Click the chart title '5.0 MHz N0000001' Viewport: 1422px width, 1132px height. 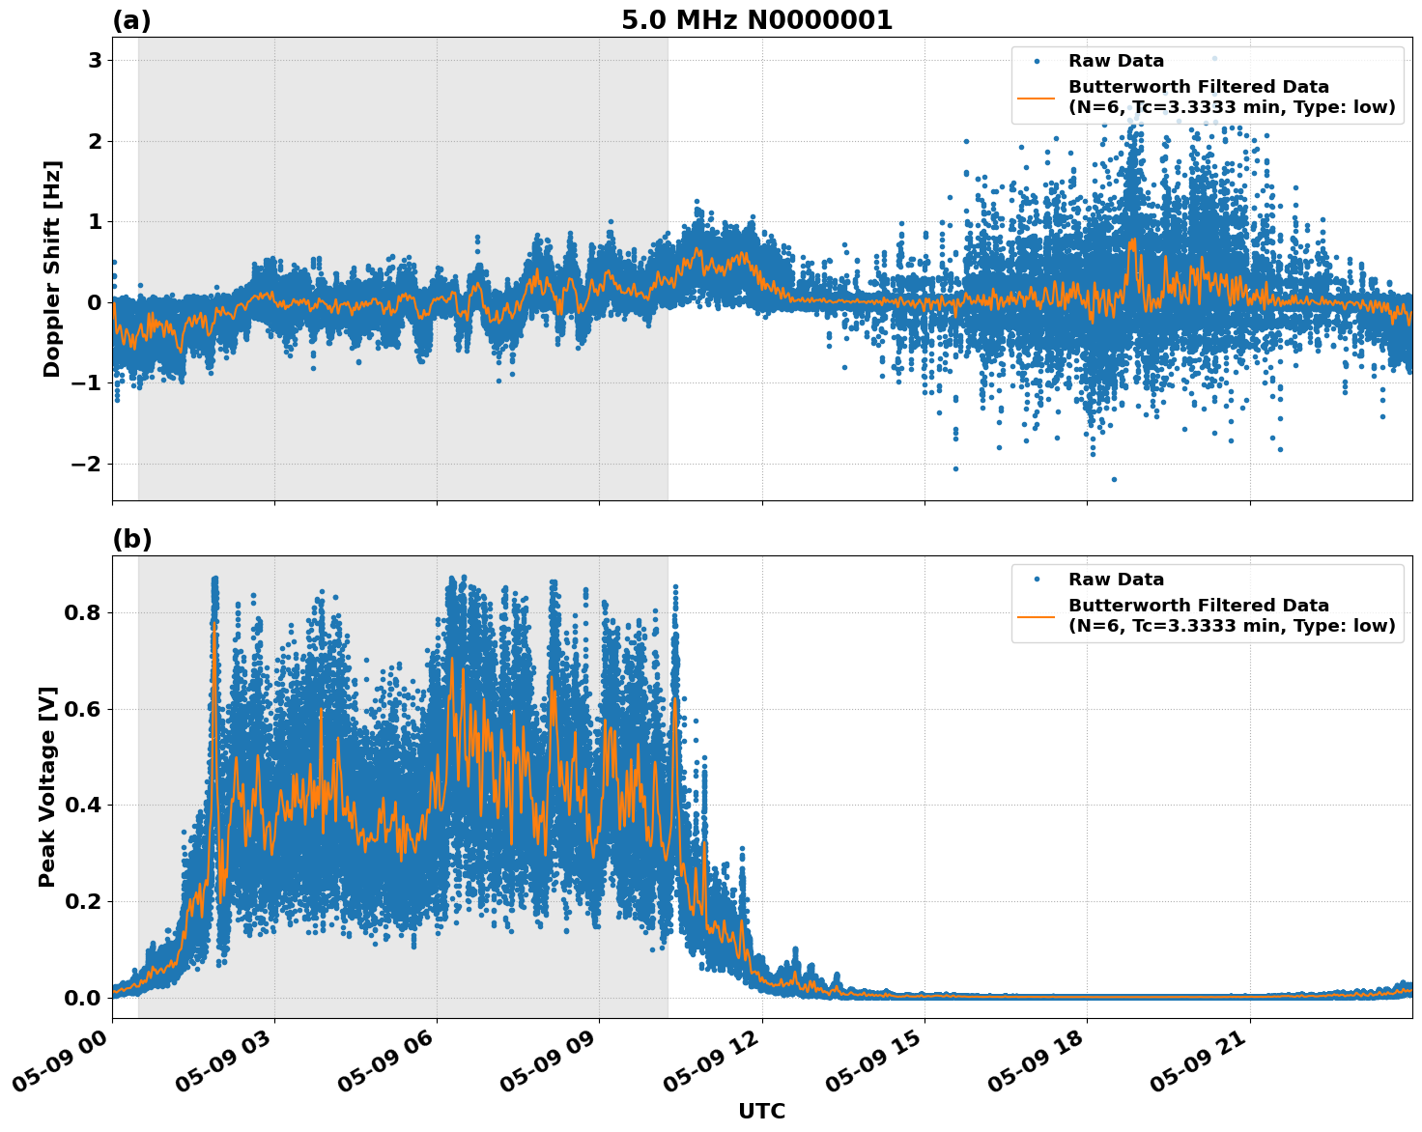coord(756,20)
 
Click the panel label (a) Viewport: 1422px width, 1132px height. coord(131,20)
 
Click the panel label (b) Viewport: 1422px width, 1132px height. coord(131,539)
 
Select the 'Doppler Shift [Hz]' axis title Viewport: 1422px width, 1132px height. coord(52,269)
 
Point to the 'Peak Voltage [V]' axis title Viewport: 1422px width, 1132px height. coord(47,786)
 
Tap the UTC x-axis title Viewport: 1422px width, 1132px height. coord(761,1111)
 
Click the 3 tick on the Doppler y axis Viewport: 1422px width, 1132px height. coord(95,61)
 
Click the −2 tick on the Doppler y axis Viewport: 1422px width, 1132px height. coord(87,464)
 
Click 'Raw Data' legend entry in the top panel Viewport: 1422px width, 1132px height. coord(1116,61)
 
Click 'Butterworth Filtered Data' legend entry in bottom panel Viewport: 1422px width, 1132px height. coord(1198,606)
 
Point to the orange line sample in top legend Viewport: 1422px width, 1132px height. coord(1036,97)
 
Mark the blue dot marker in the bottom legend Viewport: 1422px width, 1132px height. coord(1036,580)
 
